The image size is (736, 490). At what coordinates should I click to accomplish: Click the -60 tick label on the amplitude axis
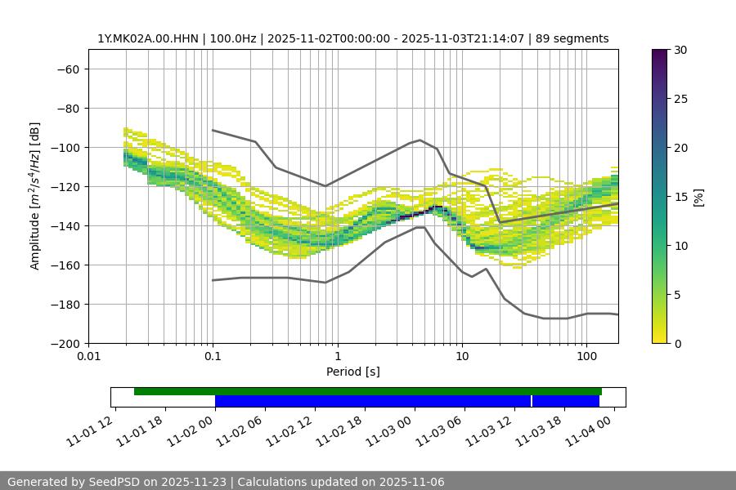pos(69,69)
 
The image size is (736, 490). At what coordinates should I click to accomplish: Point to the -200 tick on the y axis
pos(65,344)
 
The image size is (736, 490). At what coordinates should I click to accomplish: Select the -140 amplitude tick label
pos(65,226)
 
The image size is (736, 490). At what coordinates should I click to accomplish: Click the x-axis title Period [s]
pos(352,372)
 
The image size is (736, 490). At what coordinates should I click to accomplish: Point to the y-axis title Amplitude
pos(35,196)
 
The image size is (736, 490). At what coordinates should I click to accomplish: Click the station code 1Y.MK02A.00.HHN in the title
pos(148,39)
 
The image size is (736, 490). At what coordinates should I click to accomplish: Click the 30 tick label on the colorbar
pos(680,50)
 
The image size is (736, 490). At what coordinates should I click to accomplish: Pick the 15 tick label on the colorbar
pos(680,197)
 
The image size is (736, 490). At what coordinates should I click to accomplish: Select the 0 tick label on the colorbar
pos(676,344)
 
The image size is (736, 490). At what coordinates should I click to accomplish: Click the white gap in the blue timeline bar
pos(532,401)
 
